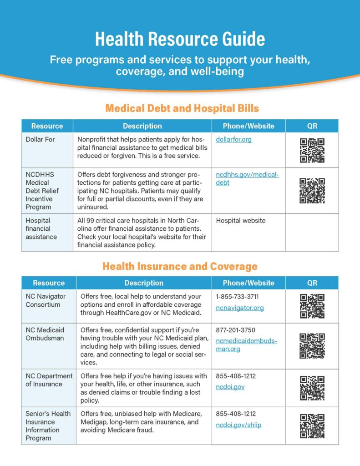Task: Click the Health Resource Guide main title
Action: pyautogui.click(x=180, y=39)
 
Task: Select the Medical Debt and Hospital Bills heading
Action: pyautogui.click(x=182, y=108)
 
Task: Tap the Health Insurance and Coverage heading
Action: pyautogui.click(x=180, y=266)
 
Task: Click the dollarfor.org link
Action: pyautogui.click(x=234, y=139)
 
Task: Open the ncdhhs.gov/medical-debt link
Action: pyautogui.click(x=247, y=179)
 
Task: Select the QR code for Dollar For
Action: pyautogui.click(x=312, y=150)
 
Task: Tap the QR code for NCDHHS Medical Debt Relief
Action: pyautogui.click(x=312, y=190)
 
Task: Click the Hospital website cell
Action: pyautogui.click(x=241, y=221)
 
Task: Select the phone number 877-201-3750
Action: pyautogui.click(x=236, y=330)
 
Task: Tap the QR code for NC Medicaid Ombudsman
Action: pyautogui.click(x=312, y=346)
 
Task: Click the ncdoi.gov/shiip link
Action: pyautogui.click(x=238, y=425)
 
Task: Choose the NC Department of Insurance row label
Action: pyautogui.click(x=49, y=380)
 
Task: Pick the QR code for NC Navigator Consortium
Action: pyautogui.click(x=312, y=306)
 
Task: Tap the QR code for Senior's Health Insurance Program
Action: pyautogui.click(x=312, y=426)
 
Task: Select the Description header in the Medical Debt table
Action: pyautogui.click(x=142, y=126)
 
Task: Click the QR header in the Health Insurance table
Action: pyautogui.click(x=312, y=283)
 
